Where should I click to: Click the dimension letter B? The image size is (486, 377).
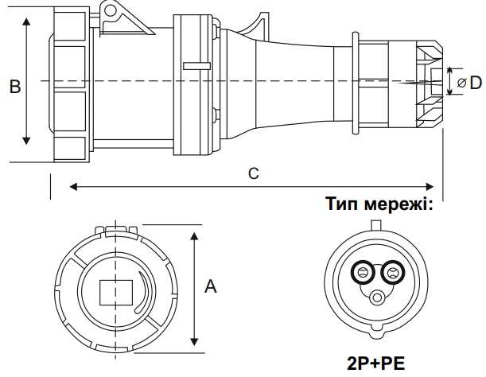14,87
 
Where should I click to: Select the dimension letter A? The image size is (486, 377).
211,287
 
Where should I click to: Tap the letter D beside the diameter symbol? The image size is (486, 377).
475,82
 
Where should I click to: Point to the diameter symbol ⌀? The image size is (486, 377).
461,83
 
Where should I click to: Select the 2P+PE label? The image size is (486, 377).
376,363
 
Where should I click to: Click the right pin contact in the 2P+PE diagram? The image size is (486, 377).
391,274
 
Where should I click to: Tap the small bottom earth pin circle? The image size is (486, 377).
376,298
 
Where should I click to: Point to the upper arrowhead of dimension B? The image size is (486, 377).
26,25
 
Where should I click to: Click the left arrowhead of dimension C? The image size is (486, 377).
74,187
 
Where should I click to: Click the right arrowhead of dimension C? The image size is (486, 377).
433,187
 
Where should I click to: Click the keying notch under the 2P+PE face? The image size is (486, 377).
376,328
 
